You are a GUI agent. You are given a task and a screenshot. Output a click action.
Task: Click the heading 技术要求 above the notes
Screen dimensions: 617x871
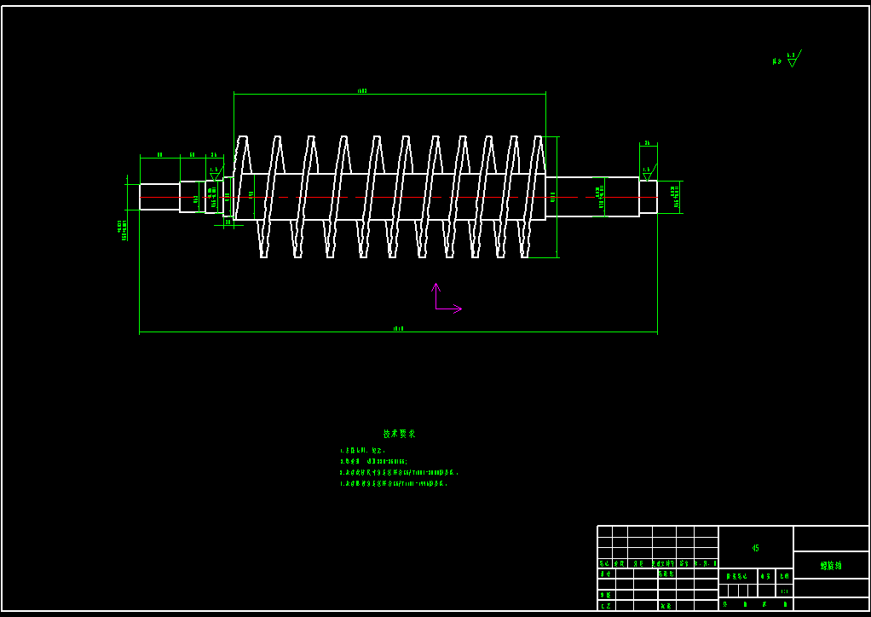click(399, 434)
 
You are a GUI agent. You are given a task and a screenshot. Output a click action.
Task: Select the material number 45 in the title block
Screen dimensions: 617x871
click(755, 548)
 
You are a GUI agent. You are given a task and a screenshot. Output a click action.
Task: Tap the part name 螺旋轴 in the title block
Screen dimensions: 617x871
click(830, 565)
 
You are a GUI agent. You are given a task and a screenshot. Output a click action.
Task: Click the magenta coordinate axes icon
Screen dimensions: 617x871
click(444, 301)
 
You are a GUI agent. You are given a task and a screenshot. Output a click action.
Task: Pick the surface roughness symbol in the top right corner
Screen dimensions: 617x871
click(792, 60)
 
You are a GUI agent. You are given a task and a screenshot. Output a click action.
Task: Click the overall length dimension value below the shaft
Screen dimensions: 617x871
click(398, 328)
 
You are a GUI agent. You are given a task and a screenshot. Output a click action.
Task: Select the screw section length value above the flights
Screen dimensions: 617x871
click(362, 89)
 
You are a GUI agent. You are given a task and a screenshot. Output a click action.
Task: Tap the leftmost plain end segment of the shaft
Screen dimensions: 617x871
click(159, 197)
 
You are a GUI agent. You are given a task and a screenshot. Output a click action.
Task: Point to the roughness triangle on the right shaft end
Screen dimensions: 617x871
click(646, 172)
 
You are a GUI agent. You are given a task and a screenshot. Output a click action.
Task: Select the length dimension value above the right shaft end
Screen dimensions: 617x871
click(648, 143)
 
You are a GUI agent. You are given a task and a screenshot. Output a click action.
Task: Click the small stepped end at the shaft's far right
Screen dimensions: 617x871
click(649, 197)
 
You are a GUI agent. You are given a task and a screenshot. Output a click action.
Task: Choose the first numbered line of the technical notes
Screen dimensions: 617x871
click(363, 450)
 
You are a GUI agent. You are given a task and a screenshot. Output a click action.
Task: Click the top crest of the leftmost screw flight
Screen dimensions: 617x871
click(243, 138)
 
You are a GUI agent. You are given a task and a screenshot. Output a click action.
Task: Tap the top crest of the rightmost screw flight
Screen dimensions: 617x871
click(539, 138)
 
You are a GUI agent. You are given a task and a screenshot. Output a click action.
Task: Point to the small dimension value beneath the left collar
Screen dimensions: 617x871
click(228, 222)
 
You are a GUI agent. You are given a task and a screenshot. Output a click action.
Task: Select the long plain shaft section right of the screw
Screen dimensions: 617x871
click(592, 197)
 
